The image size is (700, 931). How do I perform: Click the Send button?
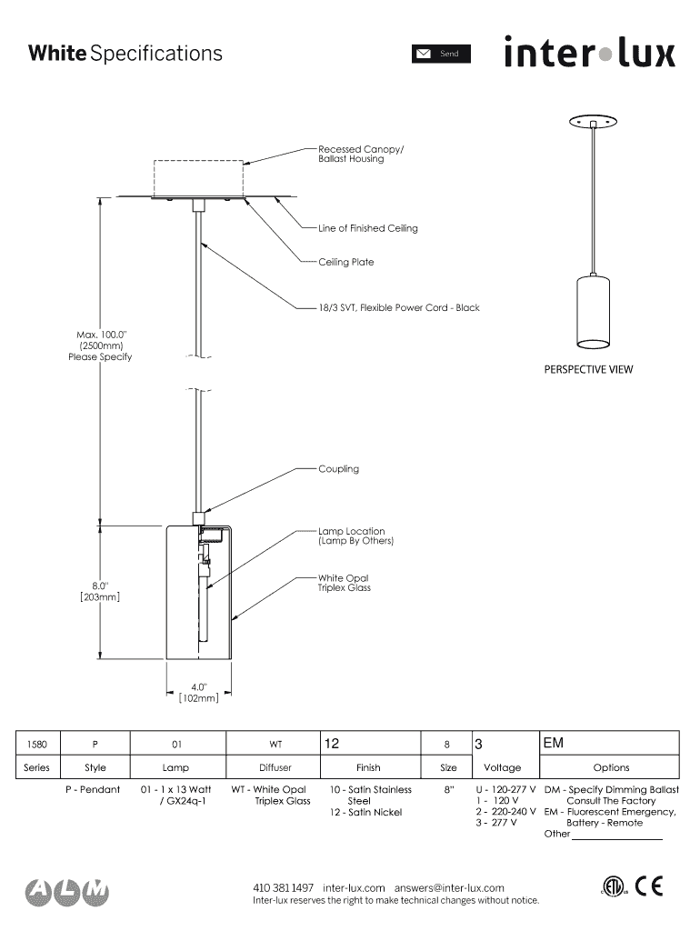coord(441,54)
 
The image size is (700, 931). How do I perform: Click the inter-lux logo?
coord(590,52)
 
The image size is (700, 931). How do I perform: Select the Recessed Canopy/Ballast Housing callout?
coord(360,154)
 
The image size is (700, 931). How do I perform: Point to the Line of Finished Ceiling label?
coord(367,228)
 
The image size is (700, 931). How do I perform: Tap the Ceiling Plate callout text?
coord(346,262)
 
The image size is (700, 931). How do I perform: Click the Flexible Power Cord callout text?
coord(399,307)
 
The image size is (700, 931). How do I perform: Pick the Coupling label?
coord(338,469)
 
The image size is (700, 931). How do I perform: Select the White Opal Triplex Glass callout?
coord(345,583)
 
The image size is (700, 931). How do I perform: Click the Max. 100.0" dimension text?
coord(100,345)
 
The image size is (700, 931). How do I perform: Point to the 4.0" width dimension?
coord(199,692)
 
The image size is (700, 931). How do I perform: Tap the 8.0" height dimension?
coord(100,591)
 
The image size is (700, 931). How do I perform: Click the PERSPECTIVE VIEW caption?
coord(588,369)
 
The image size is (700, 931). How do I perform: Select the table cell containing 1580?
coord(37,744)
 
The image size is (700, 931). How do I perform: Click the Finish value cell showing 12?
coord(371,744)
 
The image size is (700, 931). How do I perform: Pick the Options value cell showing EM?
coord(609,743)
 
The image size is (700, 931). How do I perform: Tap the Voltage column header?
coord(503,767)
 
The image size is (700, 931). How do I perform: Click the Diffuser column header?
coord(275,767)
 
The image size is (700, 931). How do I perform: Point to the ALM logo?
coord(67,891)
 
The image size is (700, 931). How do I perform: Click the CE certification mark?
coord(648,886)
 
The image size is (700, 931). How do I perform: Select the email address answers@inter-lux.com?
coord(449,888)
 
